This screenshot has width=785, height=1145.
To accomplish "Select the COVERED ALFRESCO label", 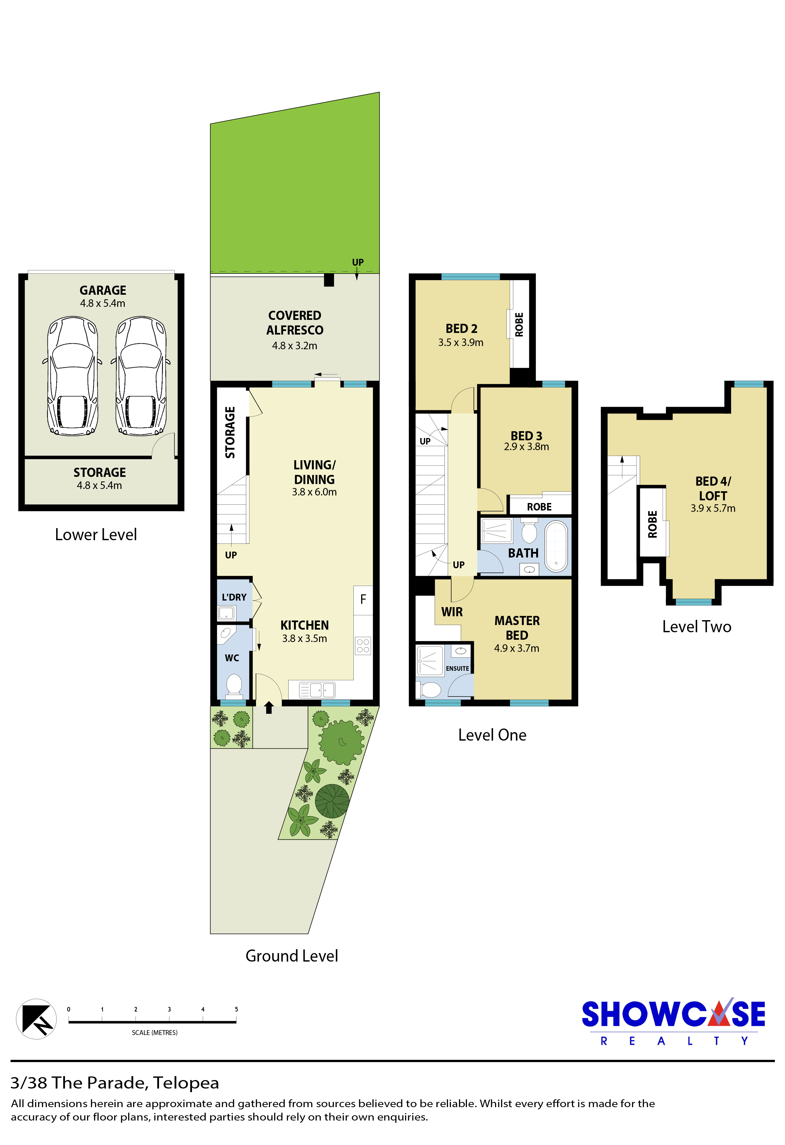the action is coord(295,323).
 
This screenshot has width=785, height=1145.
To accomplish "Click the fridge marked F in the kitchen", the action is coord(363,600).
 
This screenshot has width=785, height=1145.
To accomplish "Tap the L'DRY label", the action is coord(234,597).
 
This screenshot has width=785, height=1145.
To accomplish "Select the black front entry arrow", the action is coord(268,708).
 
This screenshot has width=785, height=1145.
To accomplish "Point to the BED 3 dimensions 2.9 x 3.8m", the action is coord(526,447).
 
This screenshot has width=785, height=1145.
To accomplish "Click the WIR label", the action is coord(452,612).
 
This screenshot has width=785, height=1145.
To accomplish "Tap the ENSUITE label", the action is coord(457,668).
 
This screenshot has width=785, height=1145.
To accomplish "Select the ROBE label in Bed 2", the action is coord(519,325).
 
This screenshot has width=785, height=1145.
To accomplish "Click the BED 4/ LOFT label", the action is coord(713,488).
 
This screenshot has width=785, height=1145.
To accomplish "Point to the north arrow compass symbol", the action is coord(37,1019).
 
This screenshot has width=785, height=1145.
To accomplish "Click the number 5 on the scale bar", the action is coord(236,1010).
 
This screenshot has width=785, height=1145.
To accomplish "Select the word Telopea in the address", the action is coord(186,1083).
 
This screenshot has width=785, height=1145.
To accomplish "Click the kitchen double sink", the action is coord(317,690).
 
